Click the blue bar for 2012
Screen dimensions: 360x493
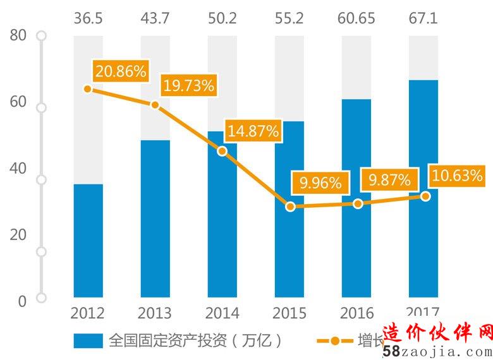pos(88,240)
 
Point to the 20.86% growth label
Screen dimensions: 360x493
pos(120,71)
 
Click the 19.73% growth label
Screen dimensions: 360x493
pos(188,86)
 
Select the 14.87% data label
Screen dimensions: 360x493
pos(253,131)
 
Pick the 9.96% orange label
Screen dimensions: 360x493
pos(320,183)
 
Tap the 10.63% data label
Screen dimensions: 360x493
pos(456,175)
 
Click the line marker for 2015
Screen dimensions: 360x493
pos(290,207)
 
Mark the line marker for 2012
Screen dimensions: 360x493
pos(88,88)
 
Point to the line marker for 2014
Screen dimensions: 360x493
pos(222,151)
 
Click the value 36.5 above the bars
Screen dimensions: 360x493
pos(88,18)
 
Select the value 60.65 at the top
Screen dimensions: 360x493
pos(356,18)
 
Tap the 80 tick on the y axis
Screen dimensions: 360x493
pos(18,35)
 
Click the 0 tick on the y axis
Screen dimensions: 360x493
pos(22,301)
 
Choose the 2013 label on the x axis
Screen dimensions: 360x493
pos(155,313)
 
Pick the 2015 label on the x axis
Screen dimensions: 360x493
pos(290,313)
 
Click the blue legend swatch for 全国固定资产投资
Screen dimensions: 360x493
pos(87,341)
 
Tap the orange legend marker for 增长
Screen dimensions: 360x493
pos(332,341)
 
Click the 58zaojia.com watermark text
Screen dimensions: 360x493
pos(436,352)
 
